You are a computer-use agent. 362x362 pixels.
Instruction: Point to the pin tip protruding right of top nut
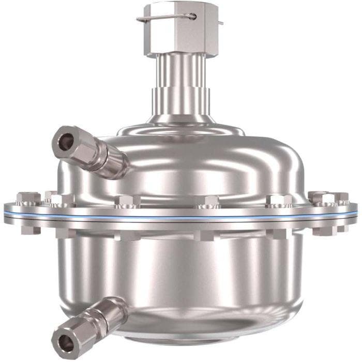point(221,23)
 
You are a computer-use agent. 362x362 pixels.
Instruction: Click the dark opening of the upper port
point(65,142)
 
